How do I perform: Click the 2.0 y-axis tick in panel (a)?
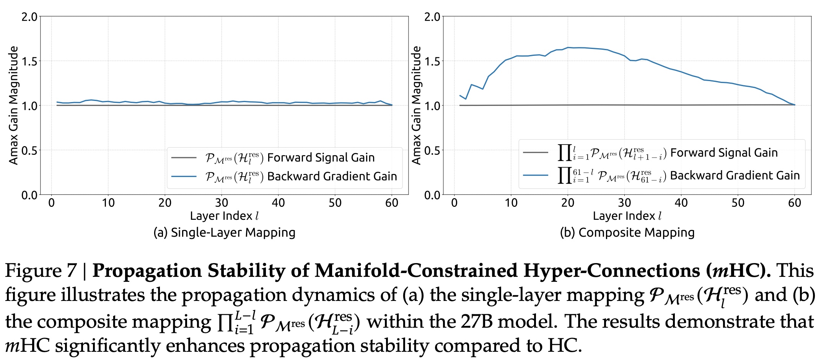[x=29, y=17]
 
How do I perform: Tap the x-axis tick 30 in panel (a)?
[x=222, y=203]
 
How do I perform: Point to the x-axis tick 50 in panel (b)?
[x=738, y=203]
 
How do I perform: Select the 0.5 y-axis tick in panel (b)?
[x=432, y=150]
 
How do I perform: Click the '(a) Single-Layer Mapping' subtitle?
[x=224, y=232]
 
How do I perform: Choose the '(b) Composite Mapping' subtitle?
[x=627, y=232]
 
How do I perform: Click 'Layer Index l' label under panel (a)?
[x=224, y=216]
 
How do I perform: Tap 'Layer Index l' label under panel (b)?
[x=627, y=216]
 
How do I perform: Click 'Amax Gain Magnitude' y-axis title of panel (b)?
[x=416, y=105]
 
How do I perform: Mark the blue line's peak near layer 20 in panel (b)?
[x=568, y=47]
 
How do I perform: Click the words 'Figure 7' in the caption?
[x=41, y=271]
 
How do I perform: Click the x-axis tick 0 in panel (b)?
[x=454, y=203]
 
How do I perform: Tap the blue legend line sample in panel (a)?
[x=184, y=176]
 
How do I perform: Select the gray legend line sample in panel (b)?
[x=535, y=153]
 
